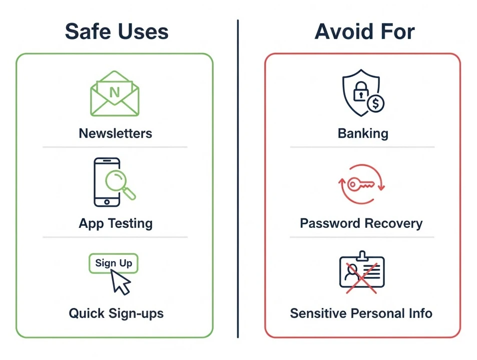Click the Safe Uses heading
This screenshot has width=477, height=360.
click(116, 31)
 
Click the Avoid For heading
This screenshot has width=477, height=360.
click(364, 31)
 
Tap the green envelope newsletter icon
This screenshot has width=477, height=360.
click(115, 94)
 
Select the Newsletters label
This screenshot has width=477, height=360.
click(115, 133)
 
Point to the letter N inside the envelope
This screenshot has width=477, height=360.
click(115, 92)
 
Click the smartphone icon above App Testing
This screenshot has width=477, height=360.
click(107, 182)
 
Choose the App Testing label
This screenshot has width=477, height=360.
click(115, 223)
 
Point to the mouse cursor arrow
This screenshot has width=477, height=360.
click(120, 282)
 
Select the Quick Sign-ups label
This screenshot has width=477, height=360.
click(116, 313)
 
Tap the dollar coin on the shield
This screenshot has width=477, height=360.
click(375, 104)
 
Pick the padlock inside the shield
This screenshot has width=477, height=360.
click(360, 93)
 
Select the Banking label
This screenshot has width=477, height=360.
click(363, 133)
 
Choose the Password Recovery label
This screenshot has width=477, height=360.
click(361, 223)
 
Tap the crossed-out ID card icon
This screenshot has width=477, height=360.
click(361, 272)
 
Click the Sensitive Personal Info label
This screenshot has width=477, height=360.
click(361, 313)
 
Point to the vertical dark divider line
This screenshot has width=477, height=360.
click(238, 180)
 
